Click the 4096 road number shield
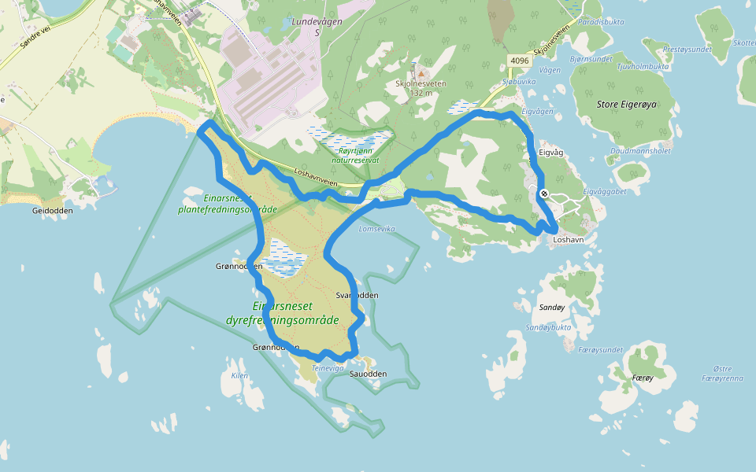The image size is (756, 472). point(519,61)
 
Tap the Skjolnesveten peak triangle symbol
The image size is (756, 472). point(421,73)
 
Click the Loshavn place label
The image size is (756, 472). point(569,239)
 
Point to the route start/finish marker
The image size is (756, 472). point(544,194)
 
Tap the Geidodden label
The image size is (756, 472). point(53,211)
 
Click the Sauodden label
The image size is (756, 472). point(368,374)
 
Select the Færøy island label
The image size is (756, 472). point(643,378)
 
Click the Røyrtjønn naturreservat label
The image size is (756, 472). point(355,154)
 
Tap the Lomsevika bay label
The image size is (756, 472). point(376,229)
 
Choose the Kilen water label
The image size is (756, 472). point(239,375)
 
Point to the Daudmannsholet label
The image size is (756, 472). point(640,150)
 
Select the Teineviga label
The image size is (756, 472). point(328,368)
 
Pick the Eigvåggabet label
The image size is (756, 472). point(605,191)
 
